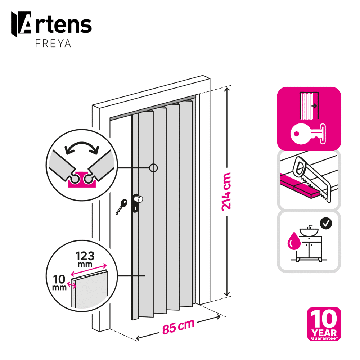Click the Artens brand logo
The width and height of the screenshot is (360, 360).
pyautogui.click(x=51, y=24)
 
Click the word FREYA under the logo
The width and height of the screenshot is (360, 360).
pyautogui.click(x=53, y=44)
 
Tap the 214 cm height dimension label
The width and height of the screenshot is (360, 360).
pyautogui.click(x=226, y=192)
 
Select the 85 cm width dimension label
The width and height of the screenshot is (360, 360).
pyautogui.click(x=178, y=327)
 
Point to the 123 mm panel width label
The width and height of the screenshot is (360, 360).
pyautogui.click(x=85, y=259)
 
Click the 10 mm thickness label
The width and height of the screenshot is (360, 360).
pyautogui.click(x=59, y=282)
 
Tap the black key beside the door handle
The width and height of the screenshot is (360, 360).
pyautogui.click(x=121, y=206)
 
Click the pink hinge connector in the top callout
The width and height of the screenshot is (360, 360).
pyautogui.click(x=82, y=179)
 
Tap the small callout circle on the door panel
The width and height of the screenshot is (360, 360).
pyautogui.click(x=153, y=168)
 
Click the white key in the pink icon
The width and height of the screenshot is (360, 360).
pyautogui.click(x=308, y=134)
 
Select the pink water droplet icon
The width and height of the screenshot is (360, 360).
pyautogui.click(x=294, y=241)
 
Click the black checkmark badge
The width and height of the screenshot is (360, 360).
pyautogui.click(x=326, y=223)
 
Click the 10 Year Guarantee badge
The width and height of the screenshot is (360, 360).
pyautogui.click(x=324, y=324)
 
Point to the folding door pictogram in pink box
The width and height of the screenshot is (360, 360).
pyautogui.click(x=309, y=105)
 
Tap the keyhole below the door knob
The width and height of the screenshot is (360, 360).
pyautogui.click(x=136, y=208)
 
